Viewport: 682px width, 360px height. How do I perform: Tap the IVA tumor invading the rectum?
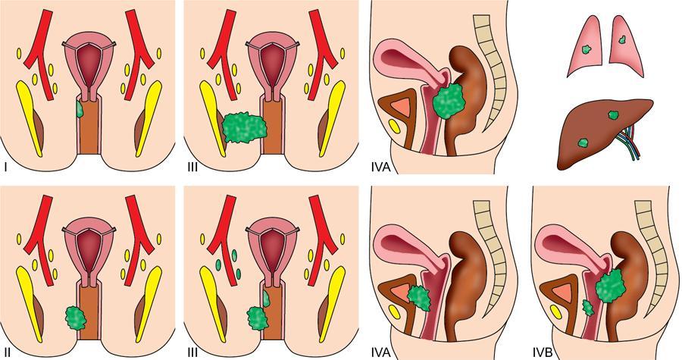[x=448, y=103]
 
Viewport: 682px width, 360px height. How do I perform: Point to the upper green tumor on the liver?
[x=612, y=116]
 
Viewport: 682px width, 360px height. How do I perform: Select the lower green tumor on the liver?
[x=583, y=142]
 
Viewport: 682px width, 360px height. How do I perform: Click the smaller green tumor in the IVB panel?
[x=587, y=308]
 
